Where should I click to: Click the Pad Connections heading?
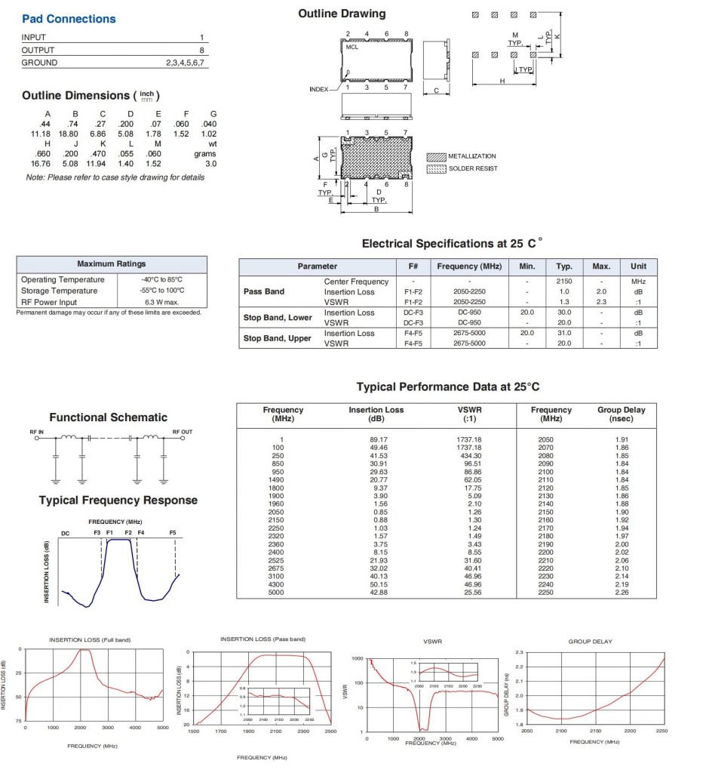point(69,19)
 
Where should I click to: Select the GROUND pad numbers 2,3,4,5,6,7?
point(185,63)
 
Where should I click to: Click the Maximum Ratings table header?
point(112,264)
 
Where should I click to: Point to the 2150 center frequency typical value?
point(564,282)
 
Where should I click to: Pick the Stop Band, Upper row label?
point(277,338)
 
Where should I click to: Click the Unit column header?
point(638,266)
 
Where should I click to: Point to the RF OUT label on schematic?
point(182,432)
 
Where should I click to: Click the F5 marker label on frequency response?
point(173,533)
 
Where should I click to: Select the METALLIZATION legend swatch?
point(436,156)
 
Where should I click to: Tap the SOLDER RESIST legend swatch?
point(436,168)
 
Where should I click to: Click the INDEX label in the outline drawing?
point(319,89)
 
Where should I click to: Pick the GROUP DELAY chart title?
point(590,642)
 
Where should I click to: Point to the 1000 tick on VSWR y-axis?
point(358,659)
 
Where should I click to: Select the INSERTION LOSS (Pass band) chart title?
point(262,639)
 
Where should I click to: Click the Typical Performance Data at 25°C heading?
point(448,387)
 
